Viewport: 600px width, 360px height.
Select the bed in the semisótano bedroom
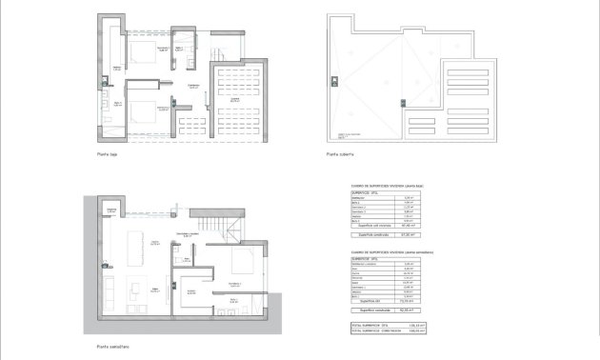(244, 266)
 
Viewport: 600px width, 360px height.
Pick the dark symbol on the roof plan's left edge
(334, 77)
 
